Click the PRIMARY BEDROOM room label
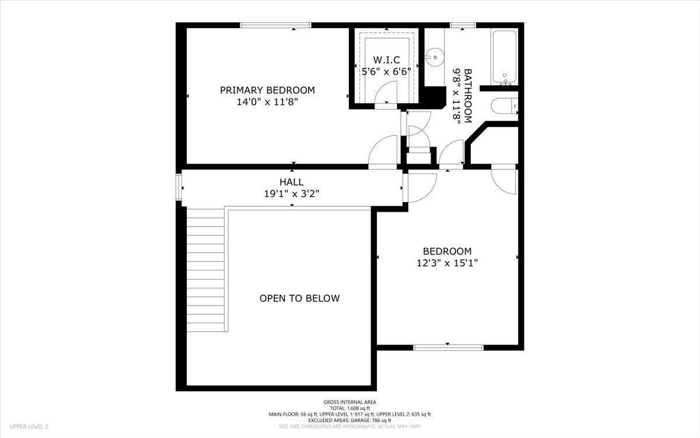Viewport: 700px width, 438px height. [x=267, y=90]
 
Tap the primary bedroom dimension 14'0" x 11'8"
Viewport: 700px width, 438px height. [x=267, y=102]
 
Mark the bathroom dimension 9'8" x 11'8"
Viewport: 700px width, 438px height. [x=456, y=95]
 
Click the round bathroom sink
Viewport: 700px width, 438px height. [x=432, y=57]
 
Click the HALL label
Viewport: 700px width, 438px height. [x=291, y=182]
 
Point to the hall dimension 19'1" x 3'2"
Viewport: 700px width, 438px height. [x=291, y=193]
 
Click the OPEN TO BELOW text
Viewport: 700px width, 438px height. [x=299, y=298]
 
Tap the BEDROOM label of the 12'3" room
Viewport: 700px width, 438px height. [x=447, y=251]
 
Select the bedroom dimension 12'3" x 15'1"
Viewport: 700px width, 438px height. [x=447, y=263]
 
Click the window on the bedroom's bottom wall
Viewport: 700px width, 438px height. [x=448, y=347]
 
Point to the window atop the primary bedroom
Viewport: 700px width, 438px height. [x=275, y=25]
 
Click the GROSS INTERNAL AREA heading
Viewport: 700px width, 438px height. [x=350, y=402]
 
